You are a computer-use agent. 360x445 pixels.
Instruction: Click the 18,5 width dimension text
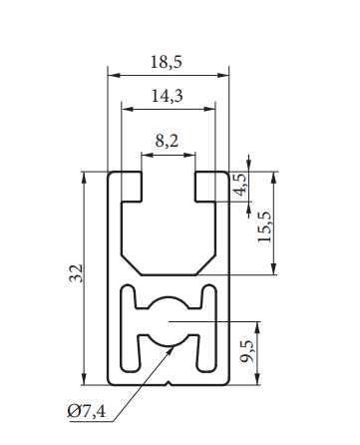coord(167,62)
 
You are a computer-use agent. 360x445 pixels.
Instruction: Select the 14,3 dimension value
coord(168,96)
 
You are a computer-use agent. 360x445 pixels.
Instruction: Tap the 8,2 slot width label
coord(167,141)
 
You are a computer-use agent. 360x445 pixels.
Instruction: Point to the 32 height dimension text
coord(76,273)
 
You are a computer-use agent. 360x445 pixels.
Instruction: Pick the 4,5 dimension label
coord(240,186)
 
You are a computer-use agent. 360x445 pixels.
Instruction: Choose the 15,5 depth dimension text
coord(265,226)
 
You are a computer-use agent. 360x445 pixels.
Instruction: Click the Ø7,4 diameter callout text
coord(87,411)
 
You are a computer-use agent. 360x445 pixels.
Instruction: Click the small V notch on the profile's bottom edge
coord(170,383)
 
